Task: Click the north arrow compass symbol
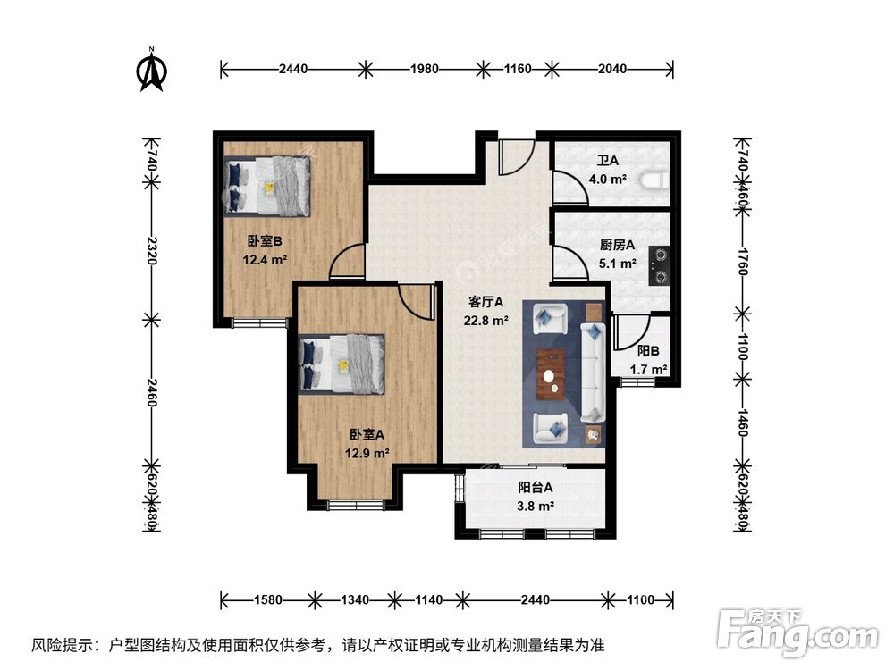point(154,71)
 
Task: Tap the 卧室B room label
point(265,240)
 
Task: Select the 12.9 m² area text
point(368,453)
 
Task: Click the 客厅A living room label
point(487,302)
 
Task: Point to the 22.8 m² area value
point(487,321)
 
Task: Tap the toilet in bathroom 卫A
point(659,179)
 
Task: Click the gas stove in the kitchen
point(661,261)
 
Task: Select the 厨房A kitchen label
point(617,245)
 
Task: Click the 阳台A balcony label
point(536,488)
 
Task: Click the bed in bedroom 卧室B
point(268,186)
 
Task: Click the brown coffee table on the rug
point(552,371)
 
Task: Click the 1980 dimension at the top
point(425,68)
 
